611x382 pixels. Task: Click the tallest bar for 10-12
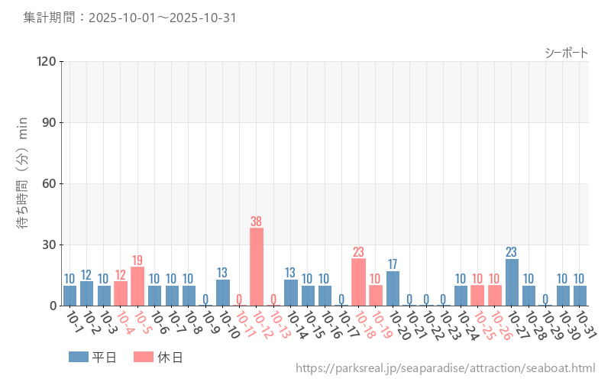(x=257, y=267)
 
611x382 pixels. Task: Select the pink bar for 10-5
(x=137, y=286)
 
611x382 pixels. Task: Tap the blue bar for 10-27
(x=512, y=282)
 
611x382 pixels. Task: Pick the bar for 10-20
(x=393, y=288)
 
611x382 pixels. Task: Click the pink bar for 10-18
(x=359, y=282)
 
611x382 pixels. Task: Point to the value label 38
(x=257, y=222)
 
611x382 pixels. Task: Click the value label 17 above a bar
(x=393, y=264)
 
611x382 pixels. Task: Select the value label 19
(x=137, y=261)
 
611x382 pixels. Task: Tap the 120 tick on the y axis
(x=47, y=61)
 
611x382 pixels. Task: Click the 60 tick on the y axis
(x=50, y=183)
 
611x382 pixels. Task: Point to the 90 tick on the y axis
(x=50, y=122)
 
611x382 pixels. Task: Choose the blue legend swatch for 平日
(x=79, y=357)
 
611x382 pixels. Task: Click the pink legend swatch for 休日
(x=143, y=357)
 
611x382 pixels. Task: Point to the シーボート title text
(x=566, y=52)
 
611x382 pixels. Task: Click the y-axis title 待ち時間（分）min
(x=23, y=183)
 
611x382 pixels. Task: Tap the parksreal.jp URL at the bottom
(x=445, y=368)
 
